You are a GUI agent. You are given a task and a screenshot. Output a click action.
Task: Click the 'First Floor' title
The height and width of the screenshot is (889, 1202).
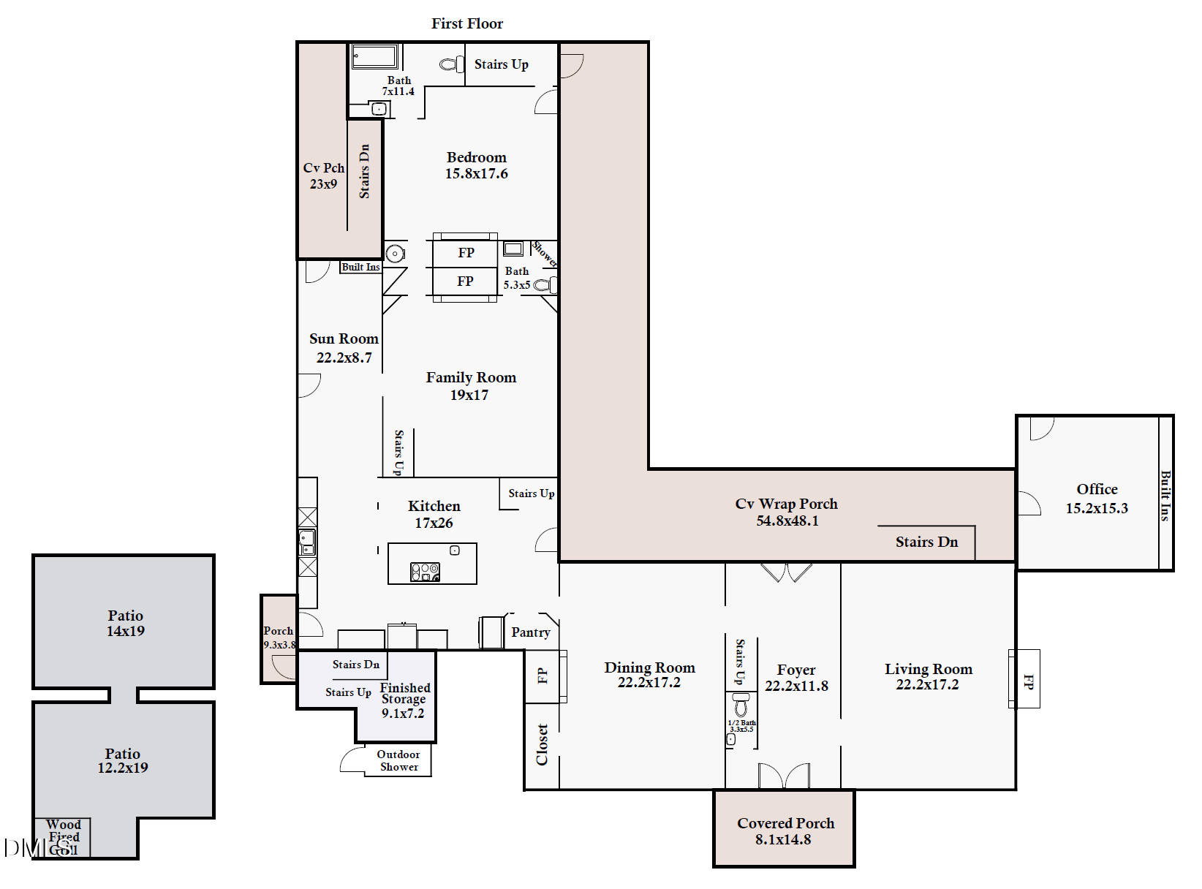click(467, 23)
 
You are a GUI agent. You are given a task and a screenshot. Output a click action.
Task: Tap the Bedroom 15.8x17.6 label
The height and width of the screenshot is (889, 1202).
click(476, 165)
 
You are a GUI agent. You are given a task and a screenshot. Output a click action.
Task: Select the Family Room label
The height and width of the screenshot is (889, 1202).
click(471, 385)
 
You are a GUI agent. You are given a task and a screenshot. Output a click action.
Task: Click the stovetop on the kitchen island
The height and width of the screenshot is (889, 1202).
click(425, 572)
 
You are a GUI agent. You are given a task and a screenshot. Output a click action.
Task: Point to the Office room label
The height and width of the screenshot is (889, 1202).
click(1097, 498)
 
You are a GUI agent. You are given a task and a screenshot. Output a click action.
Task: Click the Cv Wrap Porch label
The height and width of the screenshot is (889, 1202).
click(787, 512)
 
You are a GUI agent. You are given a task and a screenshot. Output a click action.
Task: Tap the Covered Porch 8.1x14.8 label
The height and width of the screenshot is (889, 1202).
click(785, 831)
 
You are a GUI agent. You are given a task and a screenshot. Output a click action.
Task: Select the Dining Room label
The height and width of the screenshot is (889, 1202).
click(649, 674)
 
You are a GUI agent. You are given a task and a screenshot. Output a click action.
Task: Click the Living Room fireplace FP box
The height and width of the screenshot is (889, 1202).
click(1027, 679)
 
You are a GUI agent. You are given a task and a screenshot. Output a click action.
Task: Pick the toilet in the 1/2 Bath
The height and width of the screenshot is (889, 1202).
click(741, 705)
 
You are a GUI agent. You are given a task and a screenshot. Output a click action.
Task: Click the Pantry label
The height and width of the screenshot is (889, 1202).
click(531, 632)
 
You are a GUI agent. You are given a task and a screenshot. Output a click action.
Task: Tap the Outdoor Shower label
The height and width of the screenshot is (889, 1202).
click(398, 760)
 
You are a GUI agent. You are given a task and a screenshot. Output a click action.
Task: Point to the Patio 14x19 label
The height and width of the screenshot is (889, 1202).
click(126, 623)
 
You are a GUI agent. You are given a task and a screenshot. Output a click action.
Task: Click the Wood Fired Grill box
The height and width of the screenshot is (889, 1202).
click(64, 837)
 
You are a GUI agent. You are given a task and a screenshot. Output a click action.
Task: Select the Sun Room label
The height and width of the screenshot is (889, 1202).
click(344, 347)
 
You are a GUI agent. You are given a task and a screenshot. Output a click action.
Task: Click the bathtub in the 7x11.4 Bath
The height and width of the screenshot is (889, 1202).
click(375, 56)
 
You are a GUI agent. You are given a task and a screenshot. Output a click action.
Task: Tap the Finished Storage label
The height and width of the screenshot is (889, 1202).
click(404, 700)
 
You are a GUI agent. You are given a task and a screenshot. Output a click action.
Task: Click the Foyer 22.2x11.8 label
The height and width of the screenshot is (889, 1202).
click(796, 677)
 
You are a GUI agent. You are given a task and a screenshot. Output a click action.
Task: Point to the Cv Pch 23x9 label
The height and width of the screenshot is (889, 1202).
click(323, 175)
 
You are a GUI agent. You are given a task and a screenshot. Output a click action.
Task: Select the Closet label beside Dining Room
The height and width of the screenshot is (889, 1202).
click(542, 744)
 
